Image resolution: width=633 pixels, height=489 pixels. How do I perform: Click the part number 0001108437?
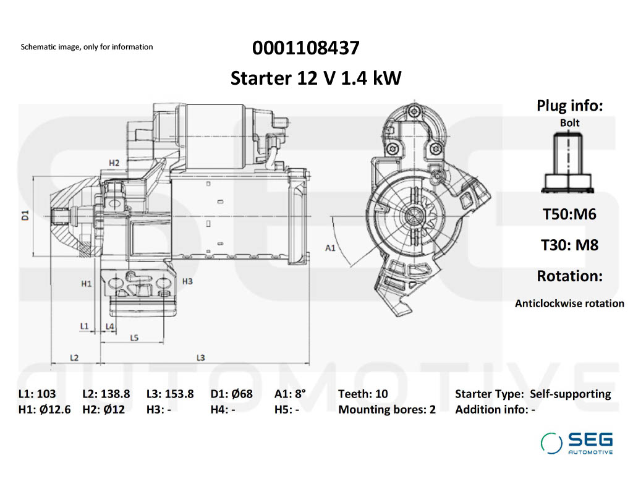tap(305, 48)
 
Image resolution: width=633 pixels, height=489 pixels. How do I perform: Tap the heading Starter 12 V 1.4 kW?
tap(316, 79)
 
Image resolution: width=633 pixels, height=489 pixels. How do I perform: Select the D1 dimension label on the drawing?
tap(25, 216)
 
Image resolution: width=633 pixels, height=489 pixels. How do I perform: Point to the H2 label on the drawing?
tap(114, 163)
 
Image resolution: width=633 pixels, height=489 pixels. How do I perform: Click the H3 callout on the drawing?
tap(188, 281)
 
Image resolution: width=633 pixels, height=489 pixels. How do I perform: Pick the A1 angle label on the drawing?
tap(331, 248)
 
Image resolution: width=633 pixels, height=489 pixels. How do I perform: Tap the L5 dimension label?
tap(134, 338)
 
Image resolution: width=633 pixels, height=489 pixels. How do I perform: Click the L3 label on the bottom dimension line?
tap(201, 357)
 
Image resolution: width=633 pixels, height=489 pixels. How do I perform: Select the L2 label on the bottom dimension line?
tap(74, 357)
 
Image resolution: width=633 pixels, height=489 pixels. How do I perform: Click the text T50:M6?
tap(569, 215)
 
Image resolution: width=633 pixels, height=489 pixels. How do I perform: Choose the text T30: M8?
tap(569, 245)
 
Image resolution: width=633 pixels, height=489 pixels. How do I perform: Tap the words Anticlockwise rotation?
tap(569, 304)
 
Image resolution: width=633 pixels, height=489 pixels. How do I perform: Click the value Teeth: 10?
tap(363, 394)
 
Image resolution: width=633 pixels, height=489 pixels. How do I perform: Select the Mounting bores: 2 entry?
tap(386, 409)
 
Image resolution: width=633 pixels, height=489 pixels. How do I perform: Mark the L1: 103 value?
tap(37, 394)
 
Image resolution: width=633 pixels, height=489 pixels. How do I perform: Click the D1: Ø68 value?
tap(232, 394)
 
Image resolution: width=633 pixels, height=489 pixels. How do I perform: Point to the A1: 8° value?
tap(290, 394)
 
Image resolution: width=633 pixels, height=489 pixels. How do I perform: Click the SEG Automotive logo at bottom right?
tap(577, 443)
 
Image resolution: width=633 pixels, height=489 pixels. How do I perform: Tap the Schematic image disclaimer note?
tap(87, 47)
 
